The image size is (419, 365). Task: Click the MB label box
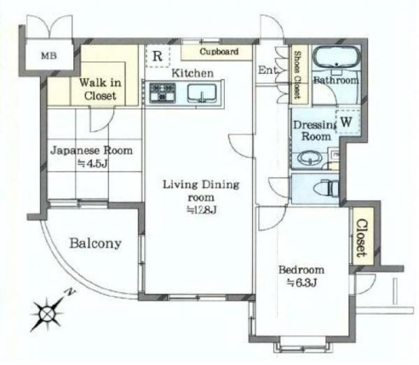click(49, 56)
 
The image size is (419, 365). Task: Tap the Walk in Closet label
click(100, 89)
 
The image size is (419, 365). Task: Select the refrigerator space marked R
click(158, 56)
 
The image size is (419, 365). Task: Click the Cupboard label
click(219, 52)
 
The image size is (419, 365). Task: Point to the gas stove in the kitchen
click(163, 93)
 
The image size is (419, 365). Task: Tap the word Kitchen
click(193, 73)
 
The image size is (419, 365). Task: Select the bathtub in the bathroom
click(337, 57)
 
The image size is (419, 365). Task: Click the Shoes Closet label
click(297, 74)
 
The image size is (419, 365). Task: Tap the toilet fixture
click(328, 188)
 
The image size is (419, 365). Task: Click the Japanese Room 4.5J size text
click(92, 163)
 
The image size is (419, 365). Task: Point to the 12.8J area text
click(201, 210)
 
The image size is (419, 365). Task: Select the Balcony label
click(96, 244)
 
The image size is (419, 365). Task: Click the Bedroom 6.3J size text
click(302, 283)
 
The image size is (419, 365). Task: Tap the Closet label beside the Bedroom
click(361, 238)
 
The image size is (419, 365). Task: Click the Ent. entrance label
click(267, 70)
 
